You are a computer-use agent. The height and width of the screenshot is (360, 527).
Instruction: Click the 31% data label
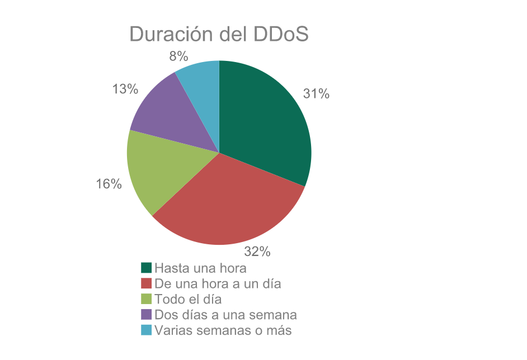[x=316, y=94]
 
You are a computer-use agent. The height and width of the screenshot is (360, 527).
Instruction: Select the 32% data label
[x=257, y=252]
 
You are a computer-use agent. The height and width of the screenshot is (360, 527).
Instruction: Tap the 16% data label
[x=109, y=184]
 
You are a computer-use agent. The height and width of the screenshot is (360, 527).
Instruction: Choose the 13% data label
[x=125, y=89]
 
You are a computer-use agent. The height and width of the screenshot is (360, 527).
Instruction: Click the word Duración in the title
[x=173, y=34]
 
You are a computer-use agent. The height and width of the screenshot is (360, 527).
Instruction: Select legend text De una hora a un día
[x=218, y=283]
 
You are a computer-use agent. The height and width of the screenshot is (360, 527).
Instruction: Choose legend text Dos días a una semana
[x=225, y=314]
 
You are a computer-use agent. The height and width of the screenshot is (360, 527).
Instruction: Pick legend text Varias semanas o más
[x=223, y=330]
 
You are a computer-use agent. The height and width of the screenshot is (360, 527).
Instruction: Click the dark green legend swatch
[x=147, y=268]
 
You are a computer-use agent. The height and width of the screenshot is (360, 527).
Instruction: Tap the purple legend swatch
[x=147, y=314]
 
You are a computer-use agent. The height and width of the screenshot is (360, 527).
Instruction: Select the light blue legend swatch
[x=147, y=330]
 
